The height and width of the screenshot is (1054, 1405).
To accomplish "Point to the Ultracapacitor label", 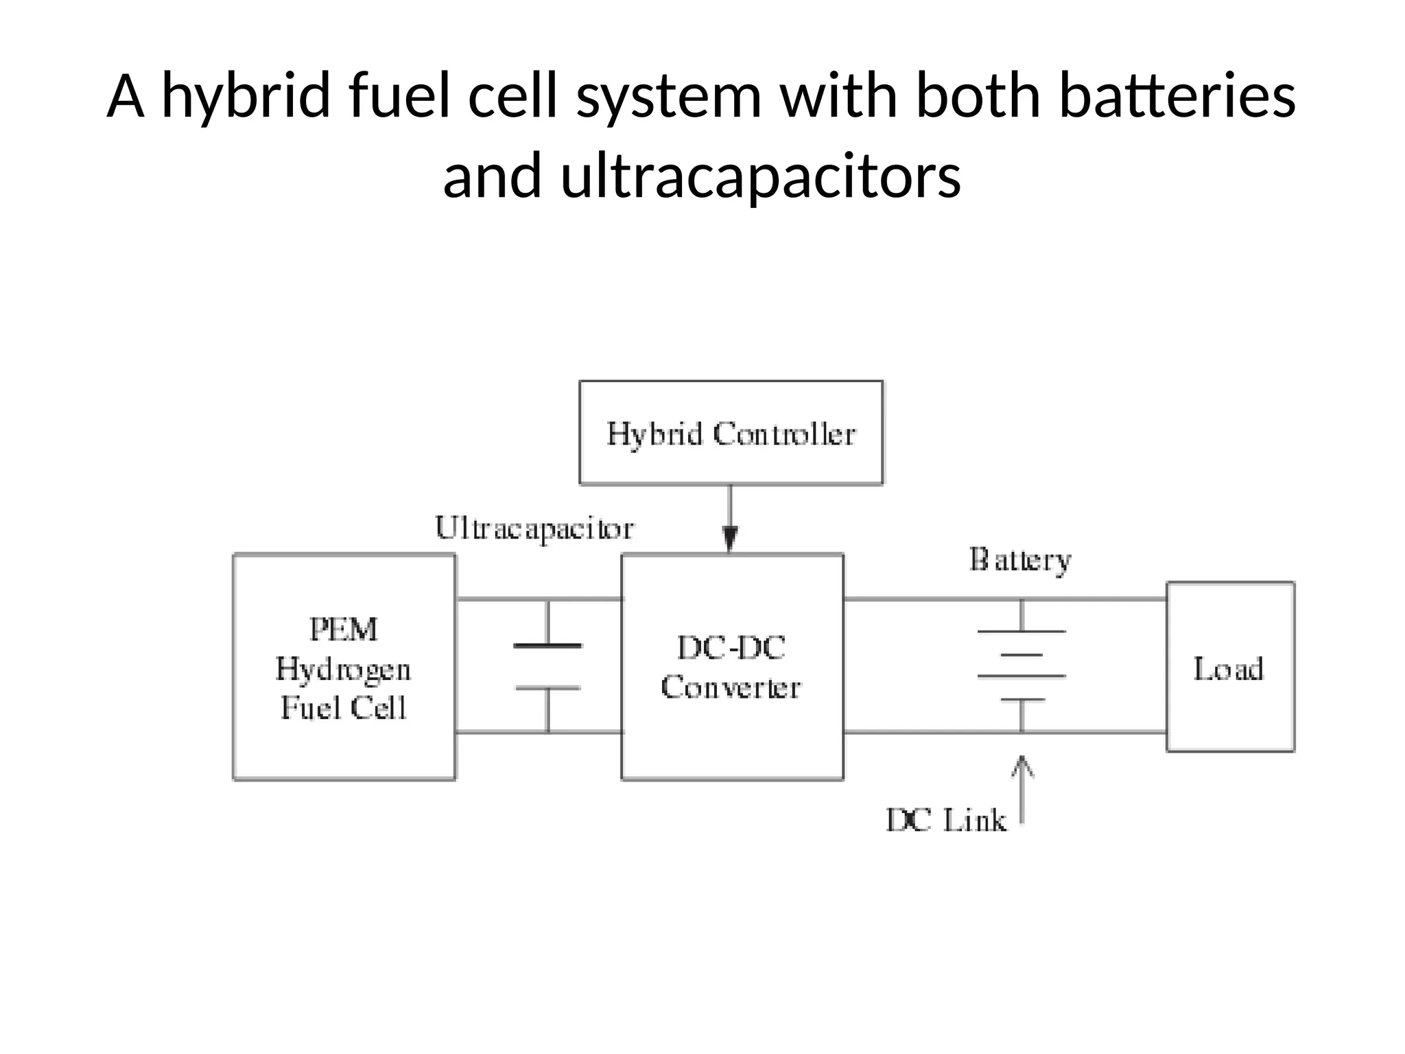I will click(x=534, y=529).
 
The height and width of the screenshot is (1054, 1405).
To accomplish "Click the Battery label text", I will click(x=1020, y=561).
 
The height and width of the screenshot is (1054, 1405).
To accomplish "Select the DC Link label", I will click(x=946, y=821).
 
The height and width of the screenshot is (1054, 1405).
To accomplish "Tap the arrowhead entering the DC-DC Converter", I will click(x=731, y=539).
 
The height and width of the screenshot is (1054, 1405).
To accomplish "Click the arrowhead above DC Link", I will click(x=1022, y=765).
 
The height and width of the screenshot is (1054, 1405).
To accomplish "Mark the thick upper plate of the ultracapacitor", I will click(x=547, y=646).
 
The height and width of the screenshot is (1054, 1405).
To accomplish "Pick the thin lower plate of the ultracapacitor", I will click(x=547, y=688).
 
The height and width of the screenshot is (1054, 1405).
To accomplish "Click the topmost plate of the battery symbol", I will click(x=1022, y=631).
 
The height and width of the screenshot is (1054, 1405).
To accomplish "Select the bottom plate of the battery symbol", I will click(x=1022, y=700).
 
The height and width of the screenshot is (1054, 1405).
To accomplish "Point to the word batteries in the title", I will click(x=1177, y=97).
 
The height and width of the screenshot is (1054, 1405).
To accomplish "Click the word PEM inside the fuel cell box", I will click(x=343, y=630).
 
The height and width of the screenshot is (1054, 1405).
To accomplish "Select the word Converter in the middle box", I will click(x=731, y=688).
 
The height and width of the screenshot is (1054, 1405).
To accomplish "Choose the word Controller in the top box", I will click(x=784, y=434).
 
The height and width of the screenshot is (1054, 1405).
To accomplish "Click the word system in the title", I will click(x=669, y=97).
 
